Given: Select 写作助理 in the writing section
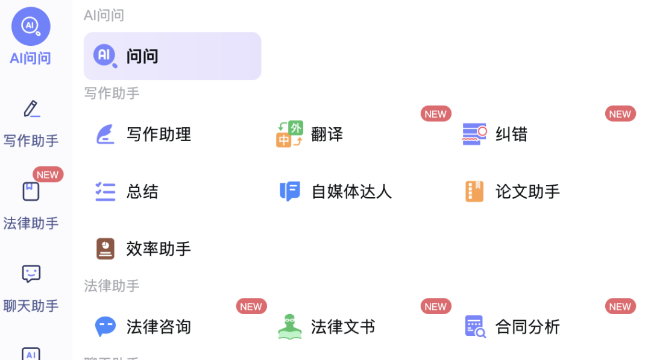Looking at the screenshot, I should pyautogui.click(x=158, y=134).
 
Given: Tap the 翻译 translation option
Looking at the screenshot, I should pyautogui.click(x=327, y=134).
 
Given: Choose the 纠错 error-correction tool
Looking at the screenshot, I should pyautogui.click(x=511, y=134).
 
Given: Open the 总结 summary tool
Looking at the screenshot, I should pyautogui.click(x=142, y=192).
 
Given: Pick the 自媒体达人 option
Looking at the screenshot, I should pyautogui.click(x=351, y=192).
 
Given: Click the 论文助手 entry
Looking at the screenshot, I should pyautogui.click(x=527, y=192).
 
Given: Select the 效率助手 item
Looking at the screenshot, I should pyautogui.click(x=158, y=249).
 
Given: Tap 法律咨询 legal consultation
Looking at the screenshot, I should pyautogui.click(x=158, y=327).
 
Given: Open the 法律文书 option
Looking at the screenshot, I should pyautogui.click(x=342, y=327).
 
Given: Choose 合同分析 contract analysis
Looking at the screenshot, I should pyautogui.click(x=527, y=327).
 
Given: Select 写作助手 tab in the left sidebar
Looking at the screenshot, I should pyautogui.click(x=31, y=124).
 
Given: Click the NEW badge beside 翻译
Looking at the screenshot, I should pyautogui.click(x=435, y=114).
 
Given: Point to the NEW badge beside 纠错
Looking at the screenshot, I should pyautogui.click(x=620, y=114).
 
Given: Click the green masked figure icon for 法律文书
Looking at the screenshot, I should pyautogui.click(x=290, y=326).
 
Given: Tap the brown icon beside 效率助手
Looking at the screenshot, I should pyautogui.click(x=105, y=248).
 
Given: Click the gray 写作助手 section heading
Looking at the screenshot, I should pyautogui.click(x=112, y=93).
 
